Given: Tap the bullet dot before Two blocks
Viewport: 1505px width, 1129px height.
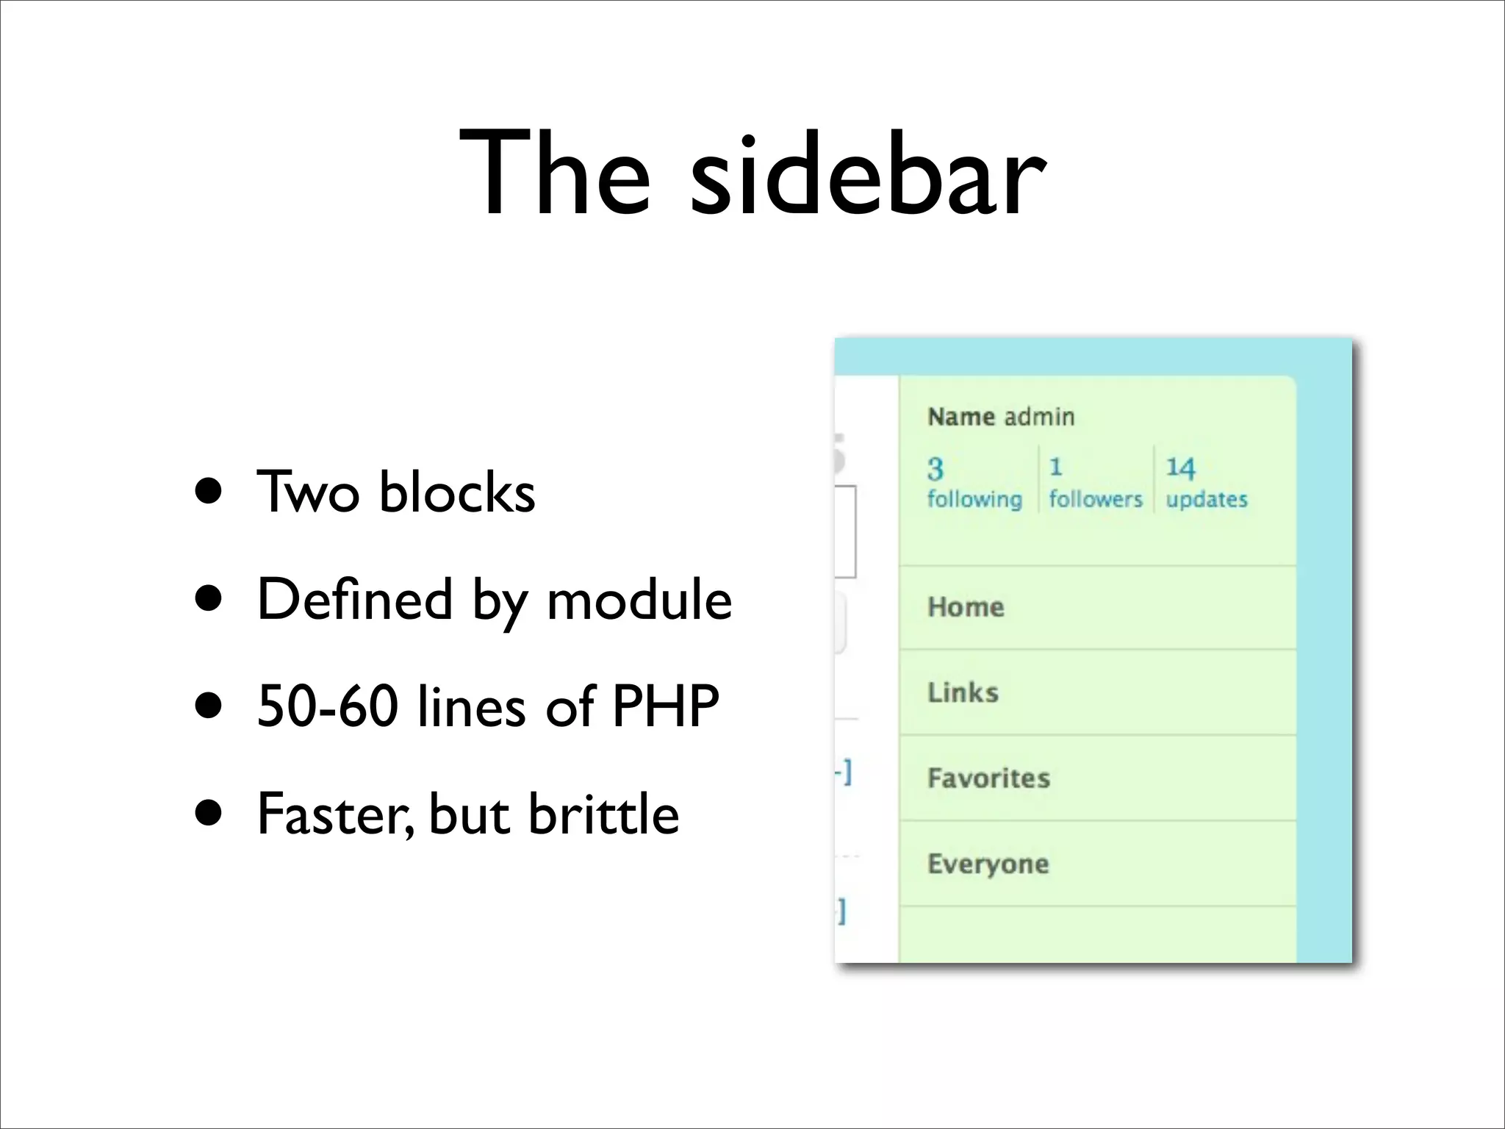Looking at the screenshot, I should click(x=209, y=492).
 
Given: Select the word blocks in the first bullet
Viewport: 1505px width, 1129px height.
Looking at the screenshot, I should click(x=457, y=492).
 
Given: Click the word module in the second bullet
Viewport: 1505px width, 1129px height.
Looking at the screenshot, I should click(x=639, y=600).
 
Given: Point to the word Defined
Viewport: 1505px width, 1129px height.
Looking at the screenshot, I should click(x=355, y=600).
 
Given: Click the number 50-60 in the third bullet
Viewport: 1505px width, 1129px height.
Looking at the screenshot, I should click(x=328, y=706).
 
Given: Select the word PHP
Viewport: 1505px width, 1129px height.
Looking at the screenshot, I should click(x=666, y=706).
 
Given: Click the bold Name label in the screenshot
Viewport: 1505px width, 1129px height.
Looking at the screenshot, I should click(x=961, y=417).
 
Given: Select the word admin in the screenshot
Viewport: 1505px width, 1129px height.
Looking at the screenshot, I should click(x=1039, y=417).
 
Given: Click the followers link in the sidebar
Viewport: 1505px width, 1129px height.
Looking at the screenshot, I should click(x=1095, y=499).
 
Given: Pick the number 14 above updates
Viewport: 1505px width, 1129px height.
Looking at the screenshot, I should click(x=1180, y=467).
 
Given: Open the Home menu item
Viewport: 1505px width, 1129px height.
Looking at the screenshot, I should click(x=966, y=607).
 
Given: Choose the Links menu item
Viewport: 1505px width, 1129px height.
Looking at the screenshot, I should click(x=963, y=692).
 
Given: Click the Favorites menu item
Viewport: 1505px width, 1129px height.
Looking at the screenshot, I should click(x=988, y=778).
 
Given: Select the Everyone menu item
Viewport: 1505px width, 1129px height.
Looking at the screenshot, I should click(x=988, y=864).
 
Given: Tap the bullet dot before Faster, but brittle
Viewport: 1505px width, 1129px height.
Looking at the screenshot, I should click(x=209, y=814).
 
